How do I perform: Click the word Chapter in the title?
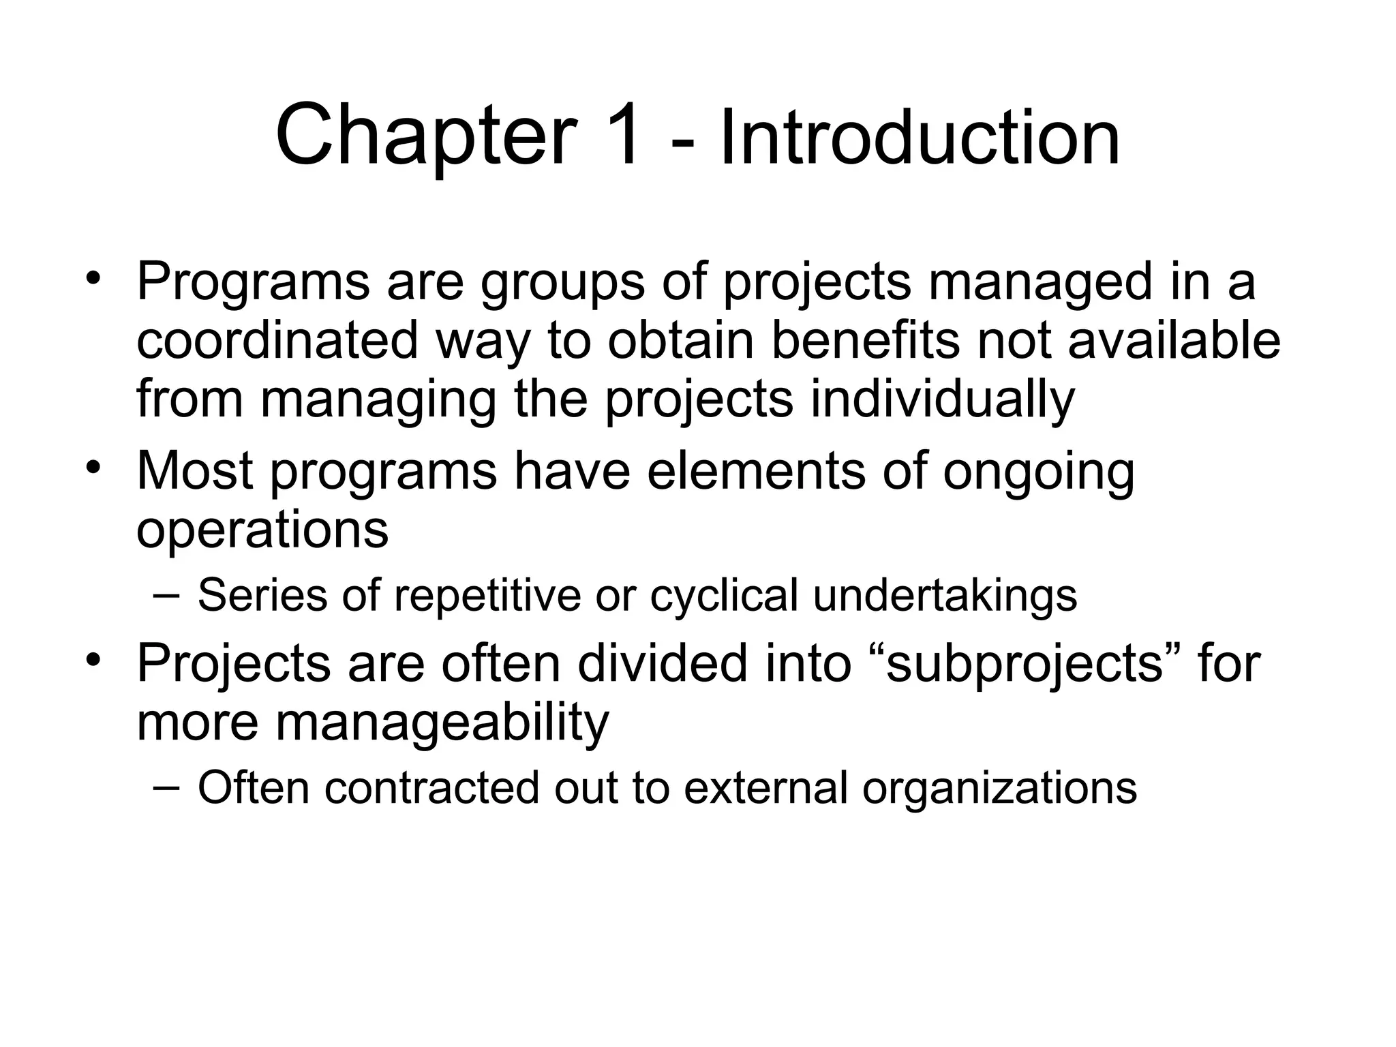426,135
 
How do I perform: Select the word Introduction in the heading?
919,139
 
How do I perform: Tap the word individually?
942,399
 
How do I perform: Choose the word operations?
262,530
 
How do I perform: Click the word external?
765,788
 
